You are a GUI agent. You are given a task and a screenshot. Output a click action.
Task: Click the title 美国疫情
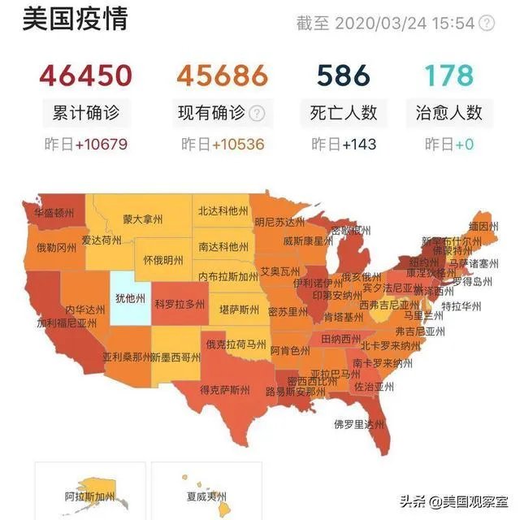[76, 19]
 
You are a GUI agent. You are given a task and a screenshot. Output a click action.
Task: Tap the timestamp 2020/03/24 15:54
[405, 23]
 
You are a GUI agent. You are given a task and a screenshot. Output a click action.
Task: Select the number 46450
[85, 76]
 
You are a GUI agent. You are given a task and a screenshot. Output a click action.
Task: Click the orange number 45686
[222, 76]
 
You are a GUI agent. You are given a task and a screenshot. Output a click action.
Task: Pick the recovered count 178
[450, 76]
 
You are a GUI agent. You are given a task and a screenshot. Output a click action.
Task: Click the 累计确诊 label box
[86, 112]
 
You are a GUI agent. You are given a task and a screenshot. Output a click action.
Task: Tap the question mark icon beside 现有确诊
[257, 113]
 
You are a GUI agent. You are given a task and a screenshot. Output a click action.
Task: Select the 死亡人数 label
[344, 112]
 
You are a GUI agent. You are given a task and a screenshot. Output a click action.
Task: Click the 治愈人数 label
[450, 112]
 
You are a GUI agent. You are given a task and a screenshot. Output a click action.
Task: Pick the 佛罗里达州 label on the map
[358, 422]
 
